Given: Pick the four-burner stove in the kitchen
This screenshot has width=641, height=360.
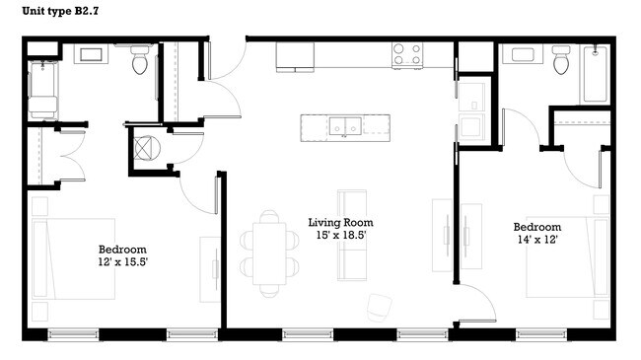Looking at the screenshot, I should coord(407,54).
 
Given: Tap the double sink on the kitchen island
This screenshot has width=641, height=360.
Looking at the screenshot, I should coord(345,126).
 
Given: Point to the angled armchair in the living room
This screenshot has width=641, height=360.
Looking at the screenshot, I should coord(380,306).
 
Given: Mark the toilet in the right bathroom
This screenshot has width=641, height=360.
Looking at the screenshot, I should coord(562,61).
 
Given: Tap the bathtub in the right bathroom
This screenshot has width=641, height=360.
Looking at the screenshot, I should coord(596,74).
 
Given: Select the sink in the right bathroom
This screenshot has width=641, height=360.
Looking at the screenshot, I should coord(520,55).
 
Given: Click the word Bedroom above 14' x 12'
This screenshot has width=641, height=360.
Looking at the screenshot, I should coord(536,226).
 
